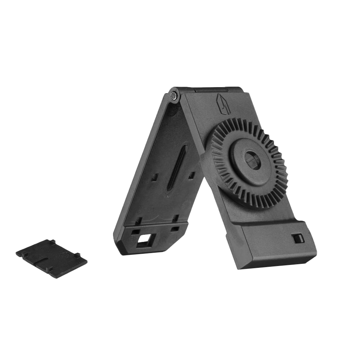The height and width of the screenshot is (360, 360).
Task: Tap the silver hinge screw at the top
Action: click(175, 96)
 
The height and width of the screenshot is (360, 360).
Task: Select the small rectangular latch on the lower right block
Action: click(298, 238)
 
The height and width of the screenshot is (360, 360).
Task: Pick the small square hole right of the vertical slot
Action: click(192, 175)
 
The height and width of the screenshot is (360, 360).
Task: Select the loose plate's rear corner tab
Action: click(53, 241)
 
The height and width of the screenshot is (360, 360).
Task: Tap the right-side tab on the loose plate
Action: click(77, 255)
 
